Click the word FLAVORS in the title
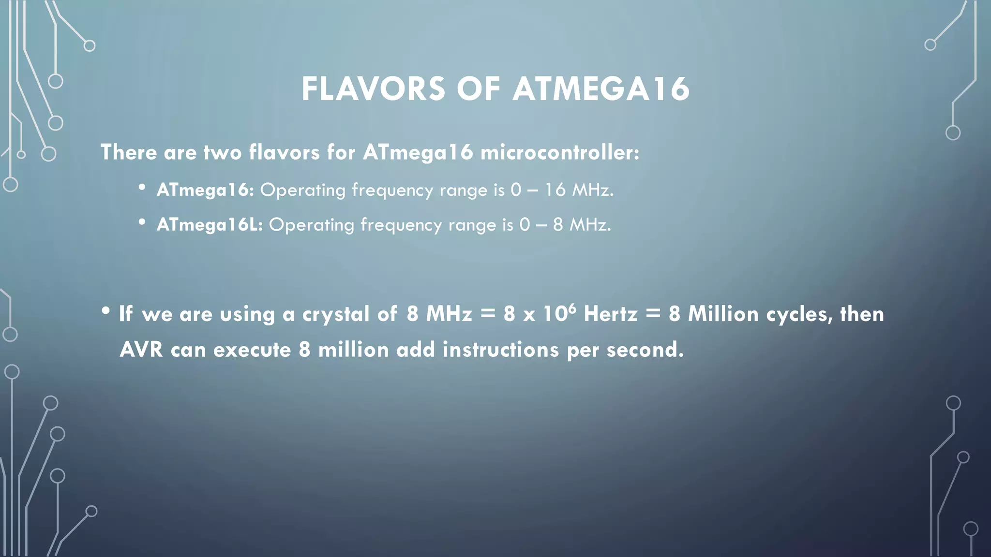[373, 89]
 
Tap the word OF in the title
[478, 89]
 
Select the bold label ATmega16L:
[210, 224]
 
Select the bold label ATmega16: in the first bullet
[205, 190]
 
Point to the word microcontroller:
[560, 152]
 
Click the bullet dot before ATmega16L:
[142, 222]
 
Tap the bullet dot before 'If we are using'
[106, 311]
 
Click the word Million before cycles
[723, 314]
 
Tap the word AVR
[141, 350]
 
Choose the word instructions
[500, 350]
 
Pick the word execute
[252, 350]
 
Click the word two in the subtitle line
[222, 152]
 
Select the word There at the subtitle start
[129, 152]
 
